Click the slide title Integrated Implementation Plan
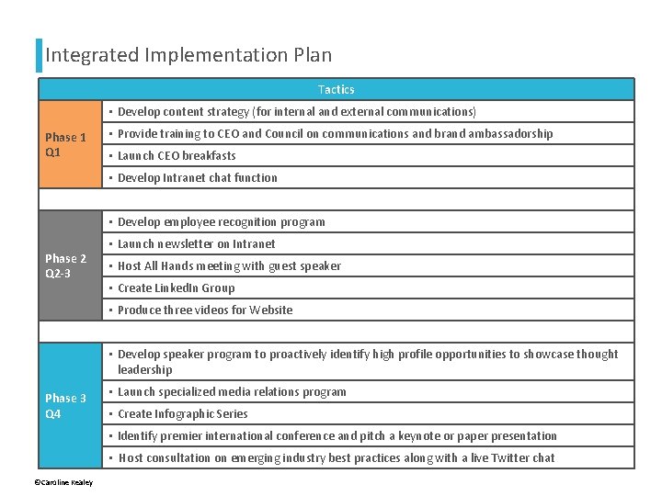pyautogui.click(x=188, y=55)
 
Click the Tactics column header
pyautogui.click(x=336, y=89)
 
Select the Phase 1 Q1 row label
pyautogui.click(x=66, y=144)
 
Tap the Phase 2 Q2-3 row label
pyautogui.click(x=66, y=265)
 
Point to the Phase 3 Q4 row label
pyautogui.click(x=66, y=405)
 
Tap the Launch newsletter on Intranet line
pyautogui.click(x=196, y=243)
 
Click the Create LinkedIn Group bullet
pyautogui.click(x=176, y=287)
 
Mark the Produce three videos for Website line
pyautogui.click(x=205, y=310)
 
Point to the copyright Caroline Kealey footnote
pyautogui.click(x=63, y=482)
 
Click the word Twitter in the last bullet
pyautogui.click(x=506, y=457)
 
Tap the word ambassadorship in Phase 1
pyautogui.click(x=510, y=133)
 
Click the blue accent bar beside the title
pyautogui.click(x=39, y=55)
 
